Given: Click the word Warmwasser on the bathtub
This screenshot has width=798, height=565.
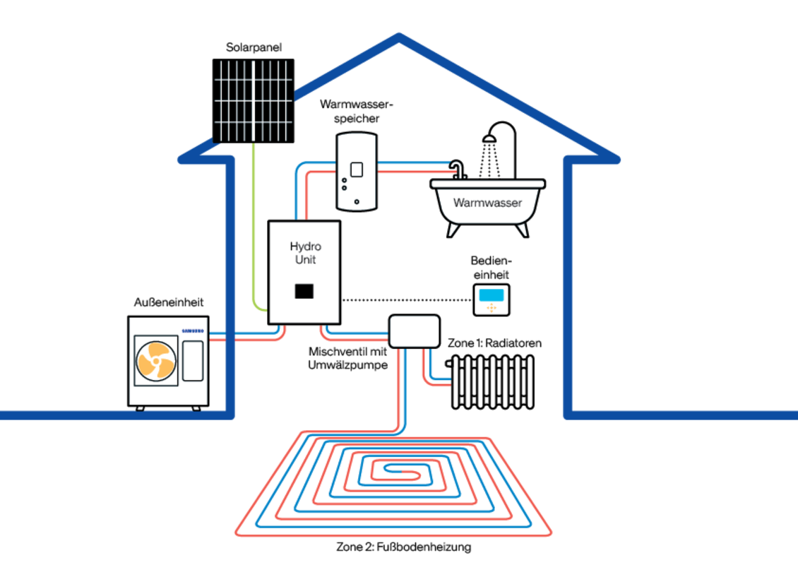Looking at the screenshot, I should tap(487, 203).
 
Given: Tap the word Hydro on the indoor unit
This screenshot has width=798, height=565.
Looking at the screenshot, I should tap(305, 246).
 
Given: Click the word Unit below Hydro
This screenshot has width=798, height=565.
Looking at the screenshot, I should tap(305, 260).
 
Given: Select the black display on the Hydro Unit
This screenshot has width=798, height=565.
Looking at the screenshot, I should tap(304, 290).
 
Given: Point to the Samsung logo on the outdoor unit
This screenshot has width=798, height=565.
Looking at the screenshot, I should tap(193, 330).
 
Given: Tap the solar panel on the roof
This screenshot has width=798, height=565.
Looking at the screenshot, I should tap(254, 100).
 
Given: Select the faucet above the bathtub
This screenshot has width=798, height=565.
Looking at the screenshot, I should tap(458, 169).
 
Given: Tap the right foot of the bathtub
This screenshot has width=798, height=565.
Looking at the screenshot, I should tap(523, 229).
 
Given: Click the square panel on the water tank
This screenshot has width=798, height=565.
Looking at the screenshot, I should tap(357, 169).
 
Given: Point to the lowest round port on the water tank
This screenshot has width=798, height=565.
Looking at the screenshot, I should tap(357, 202).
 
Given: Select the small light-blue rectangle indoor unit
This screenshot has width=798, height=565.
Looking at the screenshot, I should tap(492, 295).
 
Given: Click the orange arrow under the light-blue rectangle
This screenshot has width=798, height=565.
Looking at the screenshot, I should tap(492, 308).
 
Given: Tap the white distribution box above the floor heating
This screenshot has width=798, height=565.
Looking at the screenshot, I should tap(415, 331).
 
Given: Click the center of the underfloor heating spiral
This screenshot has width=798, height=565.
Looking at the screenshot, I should tap(395, 470).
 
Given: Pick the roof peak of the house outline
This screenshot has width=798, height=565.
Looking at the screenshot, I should tap(399, 37).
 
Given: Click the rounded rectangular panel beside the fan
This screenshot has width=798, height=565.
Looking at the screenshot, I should tap(192, 360).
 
